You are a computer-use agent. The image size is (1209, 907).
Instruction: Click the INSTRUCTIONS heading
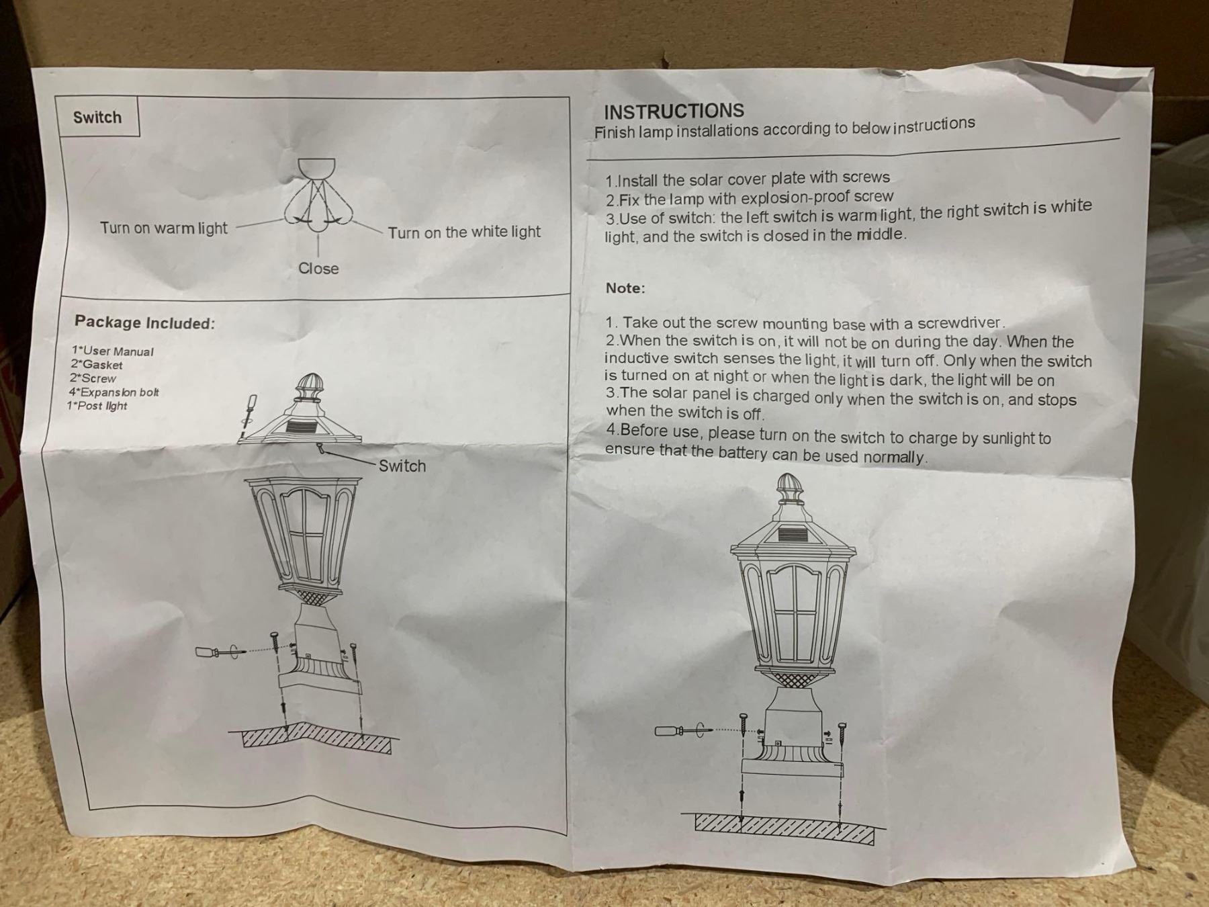pyautogui.click(x=674, y=112)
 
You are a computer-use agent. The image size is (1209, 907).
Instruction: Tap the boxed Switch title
pyautogui.click(x=97, y=118)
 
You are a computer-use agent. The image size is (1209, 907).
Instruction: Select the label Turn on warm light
pyautogui.click(x=164, y=228)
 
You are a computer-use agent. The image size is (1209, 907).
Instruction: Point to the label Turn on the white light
pyautogui.click(x=463, y=232)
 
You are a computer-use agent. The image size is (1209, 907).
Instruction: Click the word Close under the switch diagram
pyautogui.click(x=318, y=269)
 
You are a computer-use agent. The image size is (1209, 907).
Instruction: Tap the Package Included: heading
pyautogui.click(x=145, y=322)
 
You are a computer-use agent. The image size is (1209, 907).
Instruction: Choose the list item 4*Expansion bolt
pyautogui.click(x=114, y=392)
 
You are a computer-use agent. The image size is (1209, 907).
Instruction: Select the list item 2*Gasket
pyautogui.click(x=97, y=365)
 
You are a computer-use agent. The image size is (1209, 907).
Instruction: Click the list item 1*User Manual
pyautogui.click(x=112, y=351)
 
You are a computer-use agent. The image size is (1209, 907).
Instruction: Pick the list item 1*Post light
pyautogui.click(x=97, y=406)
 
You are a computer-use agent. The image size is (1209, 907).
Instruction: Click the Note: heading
pyautogui.click(x=625, y=288)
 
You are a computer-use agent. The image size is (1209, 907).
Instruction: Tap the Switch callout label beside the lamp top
pyautogui.click(x=402, y=466)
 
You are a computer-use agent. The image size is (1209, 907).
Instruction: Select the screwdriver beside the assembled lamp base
pyautogui.click(x=680, y=730)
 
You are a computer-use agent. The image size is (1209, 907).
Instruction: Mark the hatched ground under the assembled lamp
pyautogui.click(x=785, y=829)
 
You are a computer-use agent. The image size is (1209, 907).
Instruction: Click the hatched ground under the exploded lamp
pyautogui.click(x=316, y=738)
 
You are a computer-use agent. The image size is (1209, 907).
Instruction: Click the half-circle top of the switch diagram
pyautogui.click(x=316, y=166)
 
